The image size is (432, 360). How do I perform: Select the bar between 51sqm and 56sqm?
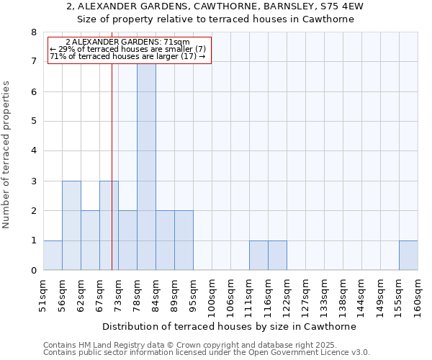[53, 256]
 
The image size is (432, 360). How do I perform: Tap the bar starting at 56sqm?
[71, 225]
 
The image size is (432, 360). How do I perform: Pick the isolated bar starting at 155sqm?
[408, 256]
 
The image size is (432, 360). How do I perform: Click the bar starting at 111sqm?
[258, 256]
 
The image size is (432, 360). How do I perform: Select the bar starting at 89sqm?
[184, 240]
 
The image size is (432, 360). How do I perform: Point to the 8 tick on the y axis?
[33, 32]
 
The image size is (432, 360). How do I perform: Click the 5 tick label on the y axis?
[33, 122]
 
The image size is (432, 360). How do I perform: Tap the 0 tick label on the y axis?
[33, 271]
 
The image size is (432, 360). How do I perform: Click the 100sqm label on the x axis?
[212, 294]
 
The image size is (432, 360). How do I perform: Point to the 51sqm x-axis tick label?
[43, 294]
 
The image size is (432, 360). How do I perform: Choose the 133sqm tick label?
[324, 294]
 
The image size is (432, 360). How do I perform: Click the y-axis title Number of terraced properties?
[6, 155]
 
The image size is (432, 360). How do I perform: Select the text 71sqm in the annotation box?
[176, 42]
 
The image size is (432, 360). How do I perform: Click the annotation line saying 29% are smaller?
[127, 49]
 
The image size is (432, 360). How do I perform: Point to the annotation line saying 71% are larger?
[127, 56]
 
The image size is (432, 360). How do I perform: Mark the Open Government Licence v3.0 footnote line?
[207, 353]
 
